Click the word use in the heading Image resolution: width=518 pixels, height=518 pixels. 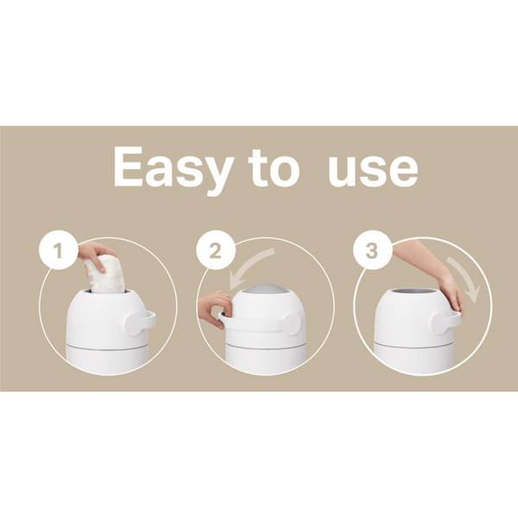click(373, 169)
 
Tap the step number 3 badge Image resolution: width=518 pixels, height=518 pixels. click(371, 253)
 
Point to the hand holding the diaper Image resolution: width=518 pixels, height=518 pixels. click(92, 253)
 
